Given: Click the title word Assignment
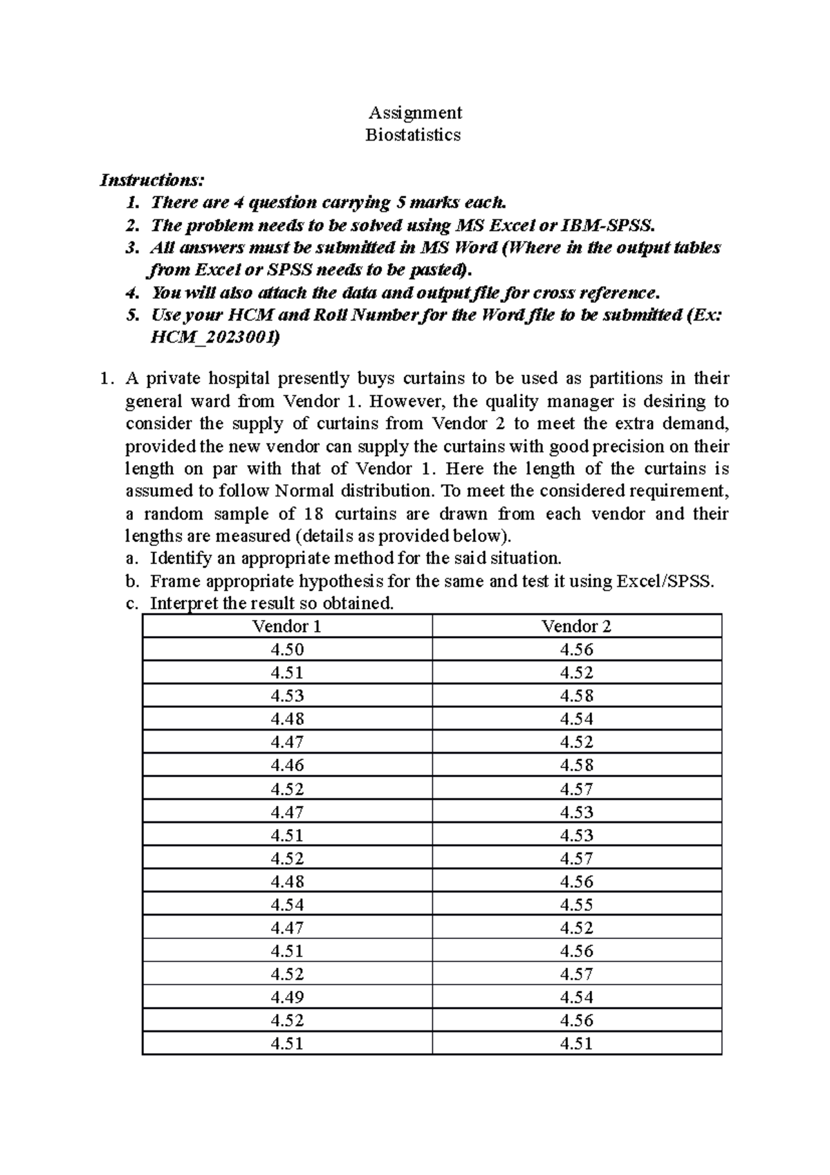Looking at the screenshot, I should point(415,112).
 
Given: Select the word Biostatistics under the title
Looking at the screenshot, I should point(413,134).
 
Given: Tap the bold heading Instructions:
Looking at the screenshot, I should point(152,180).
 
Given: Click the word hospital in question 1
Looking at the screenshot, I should point(239,379).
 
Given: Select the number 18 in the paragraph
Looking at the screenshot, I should point(308,513).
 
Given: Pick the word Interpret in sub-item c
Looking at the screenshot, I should point(183,603).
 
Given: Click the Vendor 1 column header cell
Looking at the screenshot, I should point(287,626).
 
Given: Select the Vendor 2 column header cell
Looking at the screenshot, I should point(576,626).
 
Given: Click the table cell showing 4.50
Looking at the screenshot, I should point(287,649).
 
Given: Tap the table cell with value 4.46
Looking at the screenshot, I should point(287,765).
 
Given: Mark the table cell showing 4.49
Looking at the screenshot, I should point(287,996).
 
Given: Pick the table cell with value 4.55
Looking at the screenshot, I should point(576,904).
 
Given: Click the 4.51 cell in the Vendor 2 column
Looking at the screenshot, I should point(576,1043).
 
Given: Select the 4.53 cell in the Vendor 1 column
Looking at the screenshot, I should point(287,695).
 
